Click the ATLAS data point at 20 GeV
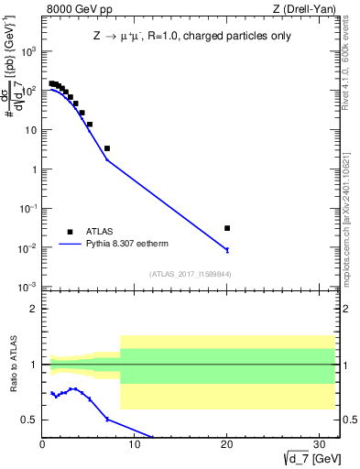click(x=227, y=228)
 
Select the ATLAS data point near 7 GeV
click(x=107, y=148)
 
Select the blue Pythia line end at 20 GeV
click(x=227, y=249)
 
